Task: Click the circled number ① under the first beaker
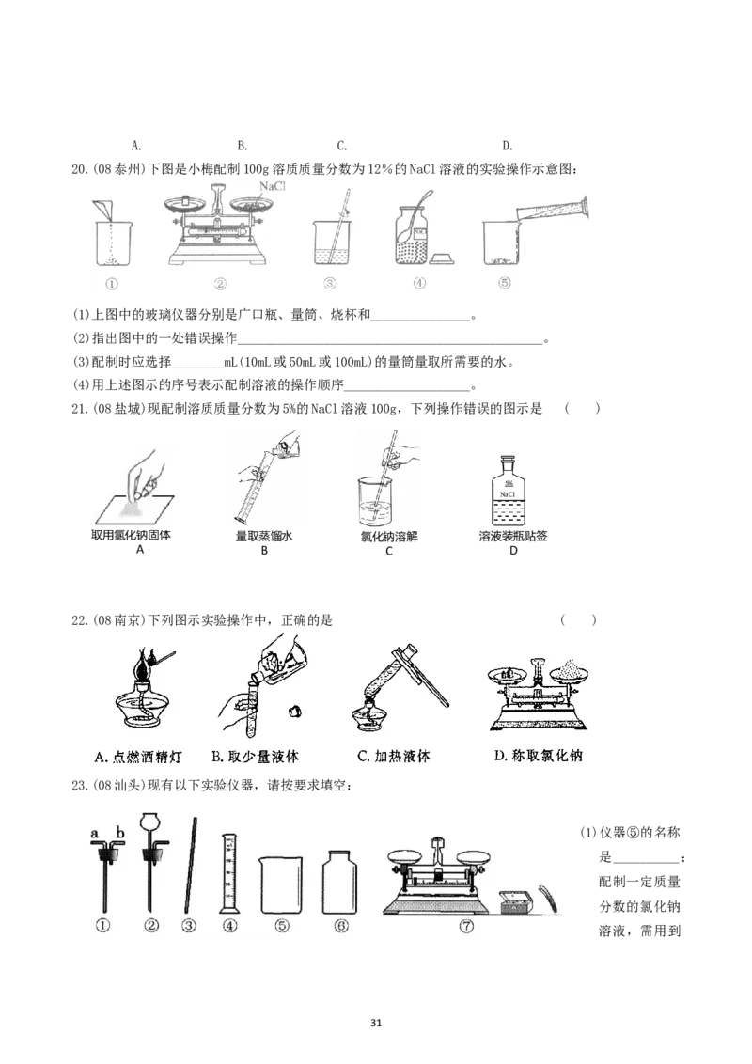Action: point(111,283)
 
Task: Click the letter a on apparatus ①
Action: point(94,833)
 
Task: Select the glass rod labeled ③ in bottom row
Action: point(191,866)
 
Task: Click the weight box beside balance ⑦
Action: point(516,900)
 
